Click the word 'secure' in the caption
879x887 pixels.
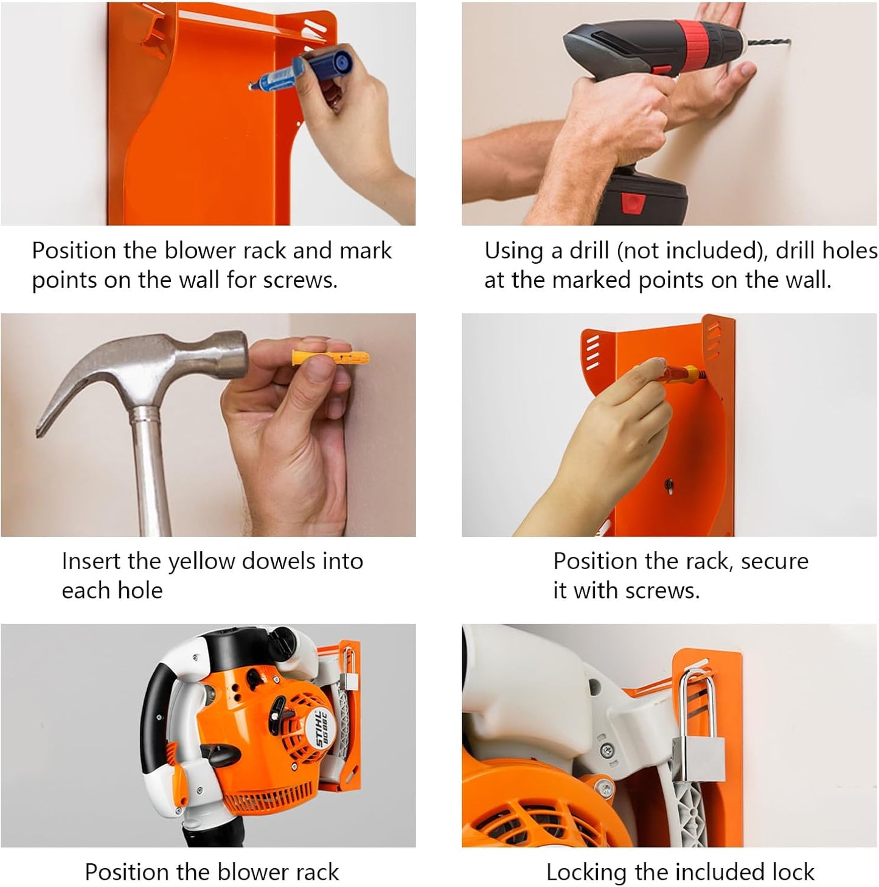(774, 561)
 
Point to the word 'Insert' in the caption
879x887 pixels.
(92, 561)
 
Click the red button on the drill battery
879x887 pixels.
(633, 201)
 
